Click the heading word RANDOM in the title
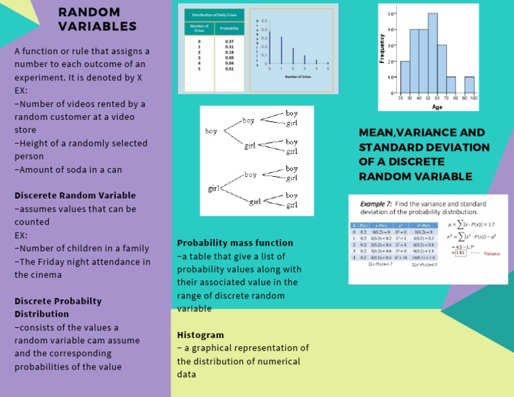tap(89, 12)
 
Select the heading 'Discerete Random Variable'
tap(75, 195)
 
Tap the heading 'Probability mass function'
tap(235, 242)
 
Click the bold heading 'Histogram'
tap(200, 335)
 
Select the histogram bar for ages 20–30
tap(405, 77)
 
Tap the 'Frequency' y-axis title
tap(383, 49)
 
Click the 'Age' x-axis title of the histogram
tap(437, 106)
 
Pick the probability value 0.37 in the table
tap(230, 42)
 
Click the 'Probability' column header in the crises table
tap(230, 29)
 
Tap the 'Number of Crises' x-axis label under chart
tap(299, 77)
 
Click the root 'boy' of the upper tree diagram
tap(211, 131)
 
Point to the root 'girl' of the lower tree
tap(214, 189)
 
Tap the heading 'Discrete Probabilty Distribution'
tap(58, 307)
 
